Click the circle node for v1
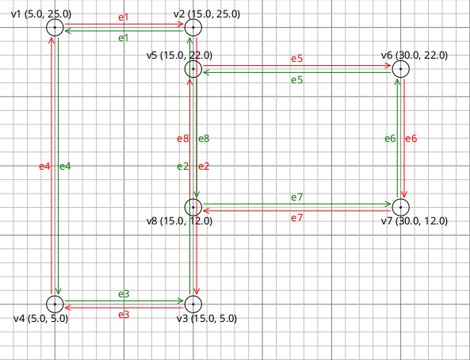click(x=55, y=28)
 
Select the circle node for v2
click(x=193, y=28)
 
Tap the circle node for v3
click(x=193, y=304)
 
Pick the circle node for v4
click(x=55, y=304)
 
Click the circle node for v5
click(x=193, y=69)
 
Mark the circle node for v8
click(x=193, y=207)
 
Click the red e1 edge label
click(x=124, y=17)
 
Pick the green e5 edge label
click(x=296, y=79)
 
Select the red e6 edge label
click(x=411, y=139)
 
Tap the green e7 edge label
click(x=296, y=197)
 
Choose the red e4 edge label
click(x=44, y=166)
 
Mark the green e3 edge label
click(x=124, y=294)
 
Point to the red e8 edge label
click(x=182, y=139)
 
